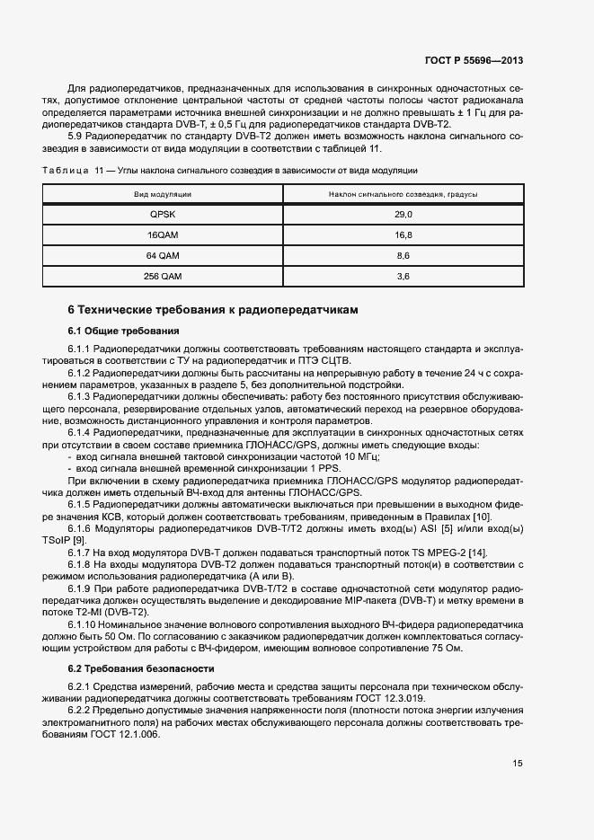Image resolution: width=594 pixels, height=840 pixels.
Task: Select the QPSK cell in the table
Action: pos(163,215)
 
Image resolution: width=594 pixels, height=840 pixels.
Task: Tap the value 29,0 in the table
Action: pos(403,215)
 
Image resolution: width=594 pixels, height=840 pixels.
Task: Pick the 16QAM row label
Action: pos(163,235)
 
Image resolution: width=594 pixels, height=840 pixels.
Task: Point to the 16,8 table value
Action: pos(403,235)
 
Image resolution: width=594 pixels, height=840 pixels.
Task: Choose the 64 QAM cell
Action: pos(163,256)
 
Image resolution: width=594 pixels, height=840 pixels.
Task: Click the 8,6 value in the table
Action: pos(403,256)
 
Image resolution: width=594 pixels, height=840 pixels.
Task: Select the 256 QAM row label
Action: pos(163,277)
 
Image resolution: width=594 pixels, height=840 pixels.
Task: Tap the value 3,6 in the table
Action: pos(403,277)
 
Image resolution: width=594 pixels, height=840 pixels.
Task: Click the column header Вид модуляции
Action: pos(163,194)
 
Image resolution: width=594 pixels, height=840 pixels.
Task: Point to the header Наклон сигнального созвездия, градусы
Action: pos(403,194)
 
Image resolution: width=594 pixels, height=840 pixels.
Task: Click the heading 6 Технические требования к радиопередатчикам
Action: pos(213,310)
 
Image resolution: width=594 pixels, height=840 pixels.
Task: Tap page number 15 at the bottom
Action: pos(518,764)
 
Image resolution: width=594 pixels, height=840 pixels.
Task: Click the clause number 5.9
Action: pos(76,136)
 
